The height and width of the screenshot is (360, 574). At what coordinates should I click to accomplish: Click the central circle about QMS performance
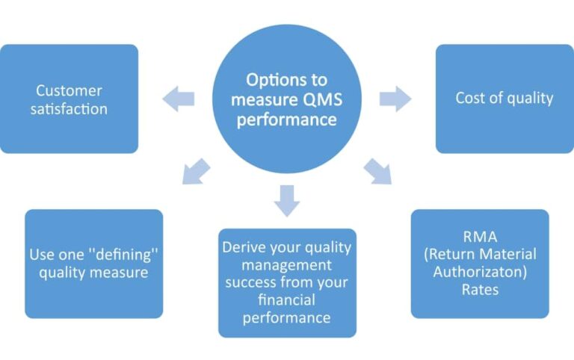(x=287, y=101)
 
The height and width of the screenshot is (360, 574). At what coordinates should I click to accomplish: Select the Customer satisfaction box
(x=69, y=99)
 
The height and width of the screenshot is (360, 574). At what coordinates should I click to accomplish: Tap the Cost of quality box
(x=504, y=99)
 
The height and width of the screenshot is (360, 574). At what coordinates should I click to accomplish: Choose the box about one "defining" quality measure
(x=93, y=263)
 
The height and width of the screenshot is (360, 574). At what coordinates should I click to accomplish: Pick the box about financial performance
(x=287, y=282)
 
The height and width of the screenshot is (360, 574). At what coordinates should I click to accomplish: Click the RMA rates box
(x=480, y=263)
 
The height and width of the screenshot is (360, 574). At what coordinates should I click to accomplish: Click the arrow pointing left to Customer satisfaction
(x=179, y=99)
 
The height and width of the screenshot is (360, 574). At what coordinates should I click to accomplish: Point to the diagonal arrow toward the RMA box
(x=378, y=171)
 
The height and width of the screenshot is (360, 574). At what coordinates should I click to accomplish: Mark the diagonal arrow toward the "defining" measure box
(x=196, y=171)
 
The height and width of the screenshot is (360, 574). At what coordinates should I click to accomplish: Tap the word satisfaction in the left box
(x=72, y=109)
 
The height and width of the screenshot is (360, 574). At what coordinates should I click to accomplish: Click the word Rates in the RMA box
(x=480, y=289)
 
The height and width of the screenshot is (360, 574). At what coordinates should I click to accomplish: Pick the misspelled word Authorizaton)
(x=480, y=271)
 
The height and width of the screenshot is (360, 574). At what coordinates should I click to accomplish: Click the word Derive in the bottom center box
(x=244, y=247)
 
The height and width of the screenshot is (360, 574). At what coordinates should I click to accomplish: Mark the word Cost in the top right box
(x=471, y=99)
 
